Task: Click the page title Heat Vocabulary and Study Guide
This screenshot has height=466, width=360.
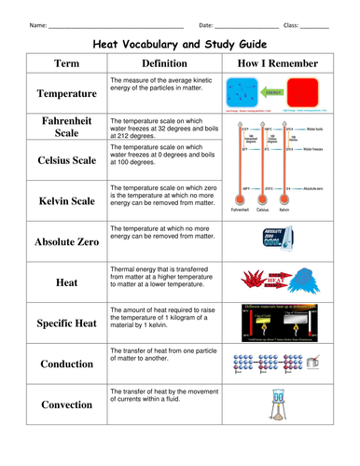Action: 180,44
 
